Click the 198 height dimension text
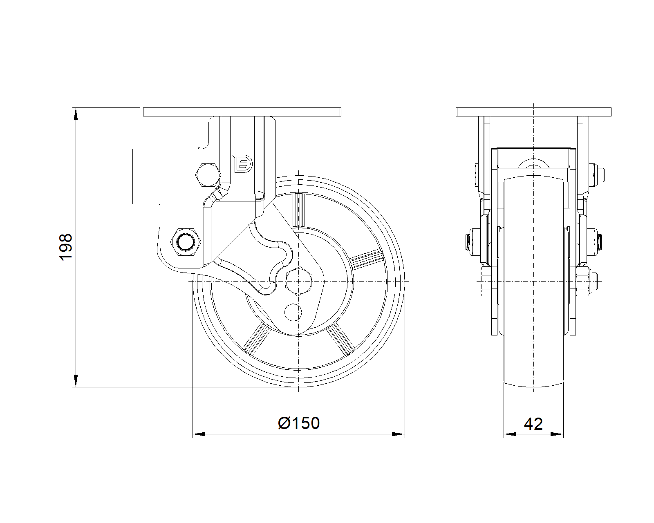click(x=66, y=247)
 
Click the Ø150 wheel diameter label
click(x=299, y=423)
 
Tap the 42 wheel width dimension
click(x=533, y=424)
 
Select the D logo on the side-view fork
click(x=242, y=164)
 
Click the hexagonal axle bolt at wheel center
click(x=299, y=281)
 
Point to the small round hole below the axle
click(x=293, y=312)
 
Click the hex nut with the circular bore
click(x=186, y=242)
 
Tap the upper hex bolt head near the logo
click(x=208, y=175)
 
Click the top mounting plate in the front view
click(x=533, y=112)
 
